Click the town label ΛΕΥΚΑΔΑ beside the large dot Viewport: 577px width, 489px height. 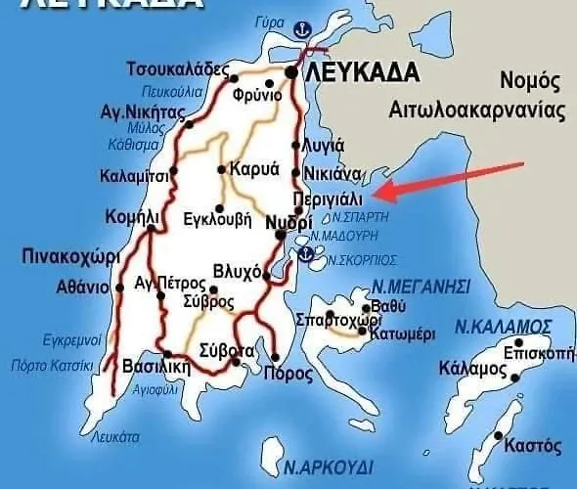coord(363,72)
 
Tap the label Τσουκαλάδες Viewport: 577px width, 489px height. coord(177,69)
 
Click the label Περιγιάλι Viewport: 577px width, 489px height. coord(334,199)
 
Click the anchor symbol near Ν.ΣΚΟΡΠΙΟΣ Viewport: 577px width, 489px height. coord(306,254)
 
